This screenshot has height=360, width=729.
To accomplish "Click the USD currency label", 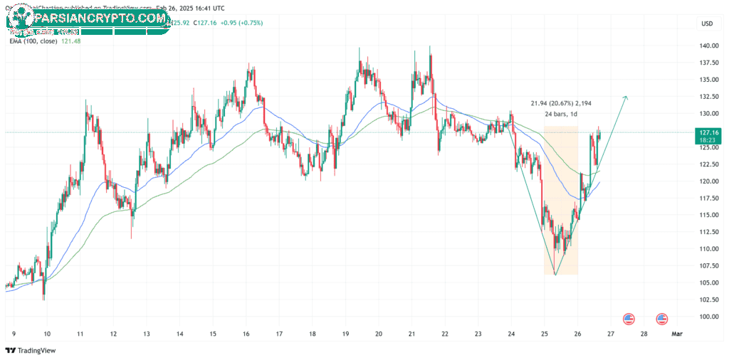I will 706,23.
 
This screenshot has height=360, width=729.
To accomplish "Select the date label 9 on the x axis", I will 15,333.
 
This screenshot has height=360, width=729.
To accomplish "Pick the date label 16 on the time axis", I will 246,333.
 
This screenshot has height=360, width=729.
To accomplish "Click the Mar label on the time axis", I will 678,333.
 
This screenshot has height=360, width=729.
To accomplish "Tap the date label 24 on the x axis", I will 511,333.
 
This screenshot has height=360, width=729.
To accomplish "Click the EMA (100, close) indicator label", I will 32,41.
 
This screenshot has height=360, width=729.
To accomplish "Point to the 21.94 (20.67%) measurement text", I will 560,103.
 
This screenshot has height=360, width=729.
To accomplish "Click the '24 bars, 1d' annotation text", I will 560,114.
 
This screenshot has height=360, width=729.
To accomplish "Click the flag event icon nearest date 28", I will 661,319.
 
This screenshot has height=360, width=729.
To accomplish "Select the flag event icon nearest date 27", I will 629,319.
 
